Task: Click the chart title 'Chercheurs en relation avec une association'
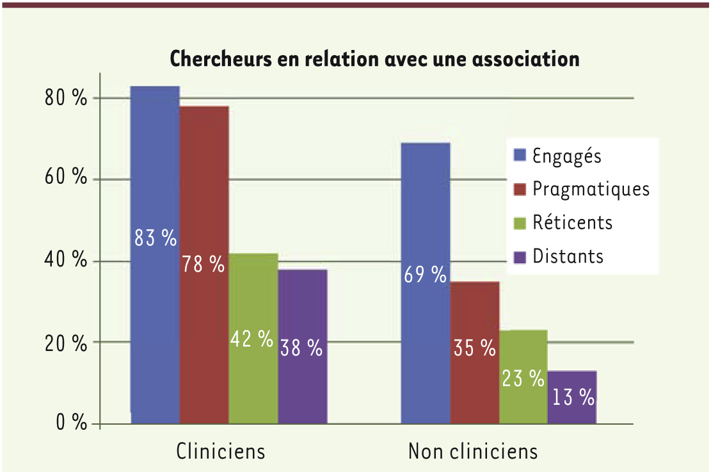374,60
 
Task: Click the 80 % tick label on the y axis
65,99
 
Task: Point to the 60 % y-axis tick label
65,179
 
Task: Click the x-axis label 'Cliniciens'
221,452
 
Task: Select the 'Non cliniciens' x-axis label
473,452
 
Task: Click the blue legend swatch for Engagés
520,155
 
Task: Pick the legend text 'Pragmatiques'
591,189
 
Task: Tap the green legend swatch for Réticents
520,223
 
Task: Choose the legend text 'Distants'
568,256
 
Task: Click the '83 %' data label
155,238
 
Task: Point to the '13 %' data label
572,398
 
